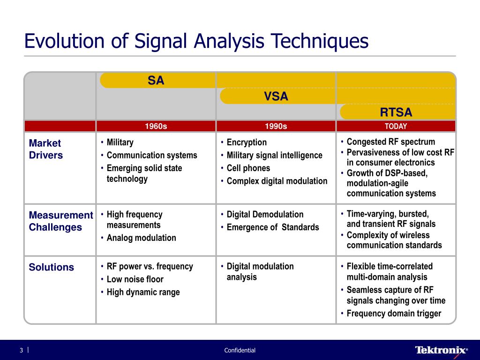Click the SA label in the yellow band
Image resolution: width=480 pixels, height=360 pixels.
point(156,81)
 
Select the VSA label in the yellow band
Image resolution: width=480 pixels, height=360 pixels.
point(276,97)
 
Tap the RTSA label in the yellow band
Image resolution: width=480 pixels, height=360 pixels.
point(396,112)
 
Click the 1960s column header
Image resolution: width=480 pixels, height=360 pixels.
point(156,126)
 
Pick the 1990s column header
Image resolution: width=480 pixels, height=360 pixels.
point(276,126)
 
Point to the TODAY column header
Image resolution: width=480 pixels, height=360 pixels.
point(396,126)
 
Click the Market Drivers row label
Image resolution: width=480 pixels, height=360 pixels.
point(45,149)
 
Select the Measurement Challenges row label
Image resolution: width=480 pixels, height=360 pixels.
point(61,221)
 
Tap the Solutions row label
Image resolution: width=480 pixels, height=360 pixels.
point(52,267)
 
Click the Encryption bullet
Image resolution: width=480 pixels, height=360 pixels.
point(244,142)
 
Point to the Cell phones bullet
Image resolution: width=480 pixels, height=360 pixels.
point(246,168)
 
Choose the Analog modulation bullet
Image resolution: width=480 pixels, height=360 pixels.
point(138,238)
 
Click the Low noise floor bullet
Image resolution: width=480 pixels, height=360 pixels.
point(132,279)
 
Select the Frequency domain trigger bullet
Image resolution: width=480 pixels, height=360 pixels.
point(391,314)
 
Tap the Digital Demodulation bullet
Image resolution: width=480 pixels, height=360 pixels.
point(262,214)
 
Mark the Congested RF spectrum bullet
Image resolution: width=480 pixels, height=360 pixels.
point(388,142)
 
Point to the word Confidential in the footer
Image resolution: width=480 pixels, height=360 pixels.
point(240,350)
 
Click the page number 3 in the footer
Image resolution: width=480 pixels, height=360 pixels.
point(22,350)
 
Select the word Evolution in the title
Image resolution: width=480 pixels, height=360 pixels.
point(64,41)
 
